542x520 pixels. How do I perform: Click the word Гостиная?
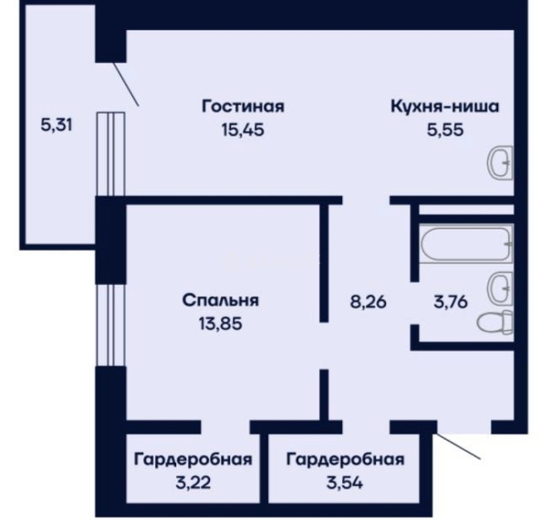tap(243, 107)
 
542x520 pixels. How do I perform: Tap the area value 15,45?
tap(243, 130)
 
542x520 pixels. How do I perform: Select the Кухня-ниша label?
tap(445, 107)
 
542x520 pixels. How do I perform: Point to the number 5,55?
tap(445, 130)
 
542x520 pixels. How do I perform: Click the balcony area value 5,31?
tap(57, 125)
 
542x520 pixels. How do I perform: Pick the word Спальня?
tap(221, 300)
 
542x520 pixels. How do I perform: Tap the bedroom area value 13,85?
tap(221, 324)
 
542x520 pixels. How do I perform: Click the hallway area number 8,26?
tap(369, 302)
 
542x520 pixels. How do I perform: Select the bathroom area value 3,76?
tap(451, 302)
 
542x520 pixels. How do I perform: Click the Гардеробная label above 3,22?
tap(193, 460)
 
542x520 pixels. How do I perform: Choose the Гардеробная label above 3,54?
tap(345, 460)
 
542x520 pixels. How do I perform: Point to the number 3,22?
tap(193, 483)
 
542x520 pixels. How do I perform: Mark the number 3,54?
tap(345, 483)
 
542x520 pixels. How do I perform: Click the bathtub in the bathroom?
tap(466, 244)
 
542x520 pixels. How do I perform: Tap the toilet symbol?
tap(495, 323)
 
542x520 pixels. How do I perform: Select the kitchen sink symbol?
tap(500, 162)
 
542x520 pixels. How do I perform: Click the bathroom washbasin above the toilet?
tap(500, 287)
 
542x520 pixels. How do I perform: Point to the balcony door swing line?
tap(127, 84)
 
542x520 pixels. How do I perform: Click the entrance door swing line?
tap(458, 446)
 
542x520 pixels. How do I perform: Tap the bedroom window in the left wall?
tap(110, 325)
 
